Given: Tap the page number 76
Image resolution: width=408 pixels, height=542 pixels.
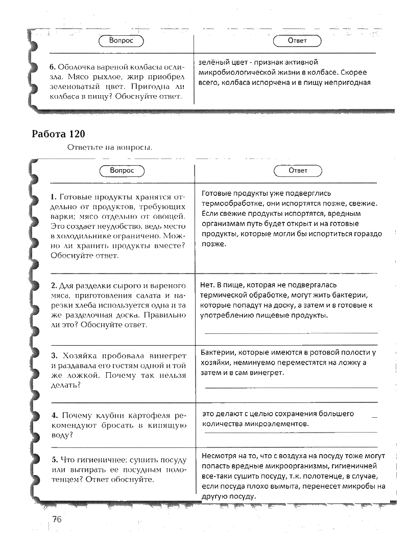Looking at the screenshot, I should pos(56,520).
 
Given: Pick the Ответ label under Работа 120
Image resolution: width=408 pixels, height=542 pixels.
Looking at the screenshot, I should pos(298,170).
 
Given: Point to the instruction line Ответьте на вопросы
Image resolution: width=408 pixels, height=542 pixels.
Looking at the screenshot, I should pos(109,148).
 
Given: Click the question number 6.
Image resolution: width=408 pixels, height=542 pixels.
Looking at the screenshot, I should pos(52,67).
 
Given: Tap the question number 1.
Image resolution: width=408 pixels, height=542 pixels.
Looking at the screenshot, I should pos(53,197).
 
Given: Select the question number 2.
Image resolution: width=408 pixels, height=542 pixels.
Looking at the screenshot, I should pos(53,286).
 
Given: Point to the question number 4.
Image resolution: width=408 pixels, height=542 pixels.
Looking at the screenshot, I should pos(53,415).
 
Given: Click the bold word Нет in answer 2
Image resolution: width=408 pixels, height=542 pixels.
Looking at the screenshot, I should pos(206,285).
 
